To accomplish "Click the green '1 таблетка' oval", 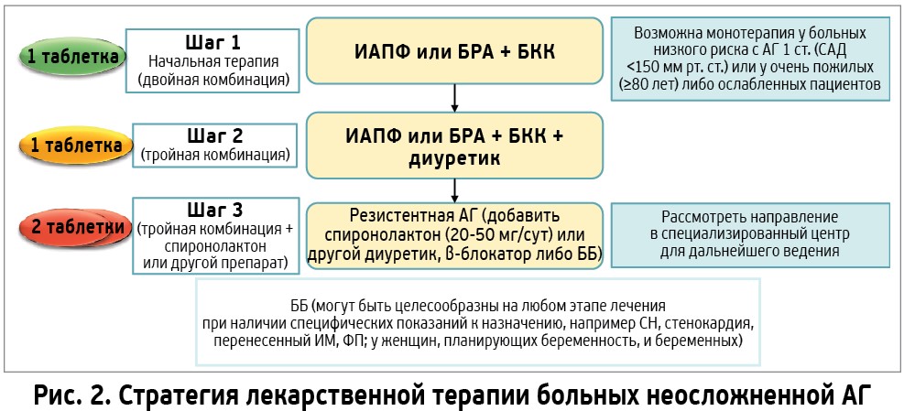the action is (73, 57).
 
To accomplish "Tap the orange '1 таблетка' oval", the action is (73, 146).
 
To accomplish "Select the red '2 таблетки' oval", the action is (74, 227).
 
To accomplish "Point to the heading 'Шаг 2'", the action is (215, 136).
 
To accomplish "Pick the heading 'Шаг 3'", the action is (215, 210).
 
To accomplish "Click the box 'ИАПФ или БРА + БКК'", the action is (454, 50).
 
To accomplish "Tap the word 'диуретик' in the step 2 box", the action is (454, 158).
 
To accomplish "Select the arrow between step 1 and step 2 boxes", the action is (454, 98).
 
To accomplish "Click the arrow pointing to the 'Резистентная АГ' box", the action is (454, 190).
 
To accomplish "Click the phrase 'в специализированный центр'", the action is (749, 234).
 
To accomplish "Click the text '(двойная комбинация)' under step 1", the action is (212, 79).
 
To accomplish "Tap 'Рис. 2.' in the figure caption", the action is (67, 396).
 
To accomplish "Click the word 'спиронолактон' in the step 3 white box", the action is (215, 247).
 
